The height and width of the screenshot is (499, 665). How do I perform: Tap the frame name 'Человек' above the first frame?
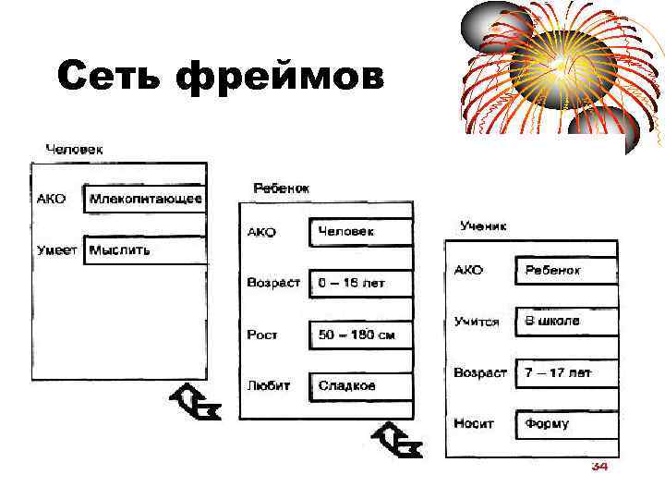75,148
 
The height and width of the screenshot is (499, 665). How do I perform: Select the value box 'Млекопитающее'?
145,199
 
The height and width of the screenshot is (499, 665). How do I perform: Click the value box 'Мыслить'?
145,249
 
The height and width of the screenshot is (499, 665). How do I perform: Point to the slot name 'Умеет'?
55,249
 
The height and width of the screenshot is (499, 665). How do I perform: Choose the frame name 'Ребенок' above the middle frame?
282,188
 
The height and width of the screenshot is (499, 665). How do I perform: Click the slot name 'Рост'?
262,335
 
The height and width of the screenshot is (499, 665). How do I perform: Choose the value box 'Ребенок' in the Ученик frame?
565,270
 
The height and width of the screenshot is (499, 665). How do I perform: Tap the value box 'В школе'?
565,321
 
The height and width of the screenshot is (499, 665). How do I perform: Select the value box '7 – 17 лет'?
565,372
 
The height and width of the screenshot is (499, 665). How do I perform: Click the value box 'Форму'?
565,424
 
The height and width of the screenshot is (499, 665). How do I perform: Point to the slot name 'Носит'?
474,424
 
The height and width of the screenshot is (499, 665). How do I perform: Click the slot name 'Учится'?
477,322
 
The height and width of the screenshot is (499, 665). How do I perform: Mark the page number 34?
598,467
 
